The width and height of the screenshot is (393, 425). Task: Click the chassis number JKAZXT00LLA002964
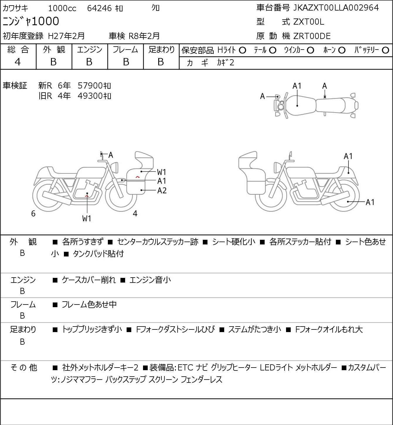(x=336, y=8)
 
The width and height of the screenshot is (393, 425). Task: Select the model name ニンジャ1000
(x=31, y=21)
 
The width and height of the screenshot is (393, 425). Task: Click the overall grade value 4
(x=18, y=62)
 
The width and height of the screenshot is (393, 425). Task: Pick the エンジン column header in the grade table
(x=89, y=50)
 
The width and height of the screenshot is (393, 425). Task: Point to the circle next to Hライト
(x=242, y=50)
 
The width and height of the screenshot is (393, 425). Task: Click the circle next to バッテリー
(x=386, y=50)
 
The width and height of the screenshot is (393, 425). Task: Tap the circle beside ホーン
(x=342, y=50)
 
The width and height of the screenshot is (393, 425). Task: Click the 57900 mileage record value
(x=90, y=86)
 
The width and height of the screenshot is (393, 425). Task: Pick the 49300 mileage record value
(x=90, y=96)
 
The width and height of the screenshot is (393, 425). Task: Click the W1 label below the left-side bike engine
(x=87, y=218)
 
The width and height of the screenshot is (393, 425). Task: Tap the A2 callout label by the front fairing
(x=162, y=191)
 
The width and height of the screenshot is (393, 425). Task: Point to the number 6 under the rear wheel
(x=33, y=214)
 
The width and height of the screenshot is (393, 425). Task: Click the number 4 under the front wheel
(x=135, y=213)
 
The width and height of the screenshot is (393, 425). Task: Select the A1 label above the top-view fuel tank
(x=297, y=86)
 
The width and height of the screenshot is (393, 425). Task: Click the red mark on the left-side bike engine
(x=87, y=195)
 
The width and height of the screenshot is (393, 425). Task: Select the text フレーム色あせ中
(x=89, y=305)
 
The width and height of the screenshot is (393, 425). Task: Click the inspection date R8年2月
(x=144, y=36)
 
